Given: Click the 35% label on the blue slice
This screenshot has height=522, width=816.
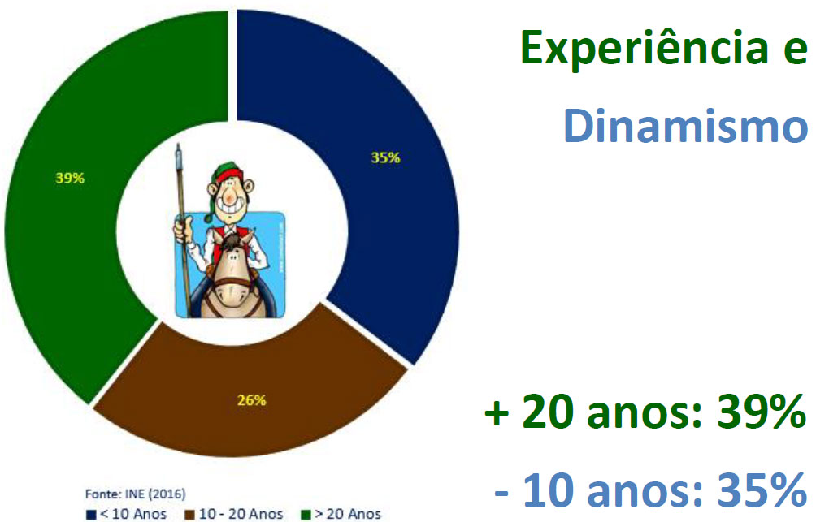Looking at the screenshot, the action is pyautogui.click(x=385, y=157).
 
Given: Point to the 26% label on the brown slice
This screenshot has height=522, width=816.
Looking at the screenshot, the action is pyautogui.click(x=252, y=399).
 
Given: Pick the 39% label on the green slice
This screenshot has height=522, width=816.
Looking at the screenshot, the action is pyautogui.click(x=70, y=178).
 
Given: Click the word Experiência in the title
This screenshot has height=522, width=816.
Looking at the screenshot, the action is pyautogui.click(x=645, y=49).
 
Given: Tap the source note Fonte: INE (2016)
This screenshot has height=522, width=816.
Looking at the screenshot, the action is pyautogui.click(x=135, y=494).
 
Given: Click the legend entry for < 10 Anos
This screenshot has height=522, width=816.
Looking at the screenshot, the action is pyautogui.click(x=127, y=514).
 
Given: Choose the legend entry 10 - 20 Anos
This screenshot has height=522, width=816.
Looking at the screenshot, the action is pyautogui.click(x=234, y=514).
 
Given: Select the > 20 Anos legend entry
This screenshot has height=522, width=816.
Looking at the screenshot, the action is pyautogui.click(x=341, y=514).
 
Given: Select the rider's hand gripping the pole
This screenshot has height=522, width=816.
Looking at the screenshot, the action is pyautogui.click(x=183, y=229).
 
